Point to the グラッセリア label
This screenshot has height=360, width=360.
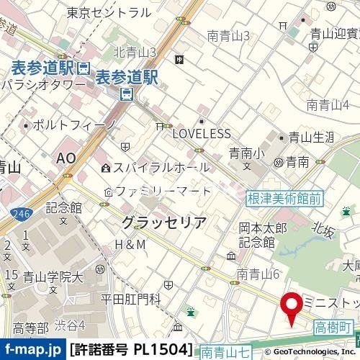[x=164, y=221]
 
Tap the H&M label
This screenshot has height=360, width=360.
[x=130, y=245]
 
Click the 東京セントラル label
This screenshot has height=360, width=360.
[x=108, y=12]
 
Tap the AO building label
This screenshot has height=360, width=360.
[x=66, y=158]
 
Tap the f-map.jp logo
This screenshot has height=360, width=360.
[x=32, y=351]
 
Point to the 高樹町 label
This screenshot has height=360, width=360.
[x=334, y=328]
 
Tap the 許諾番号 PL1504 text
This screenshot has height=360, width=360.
[x=132, y=351]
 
